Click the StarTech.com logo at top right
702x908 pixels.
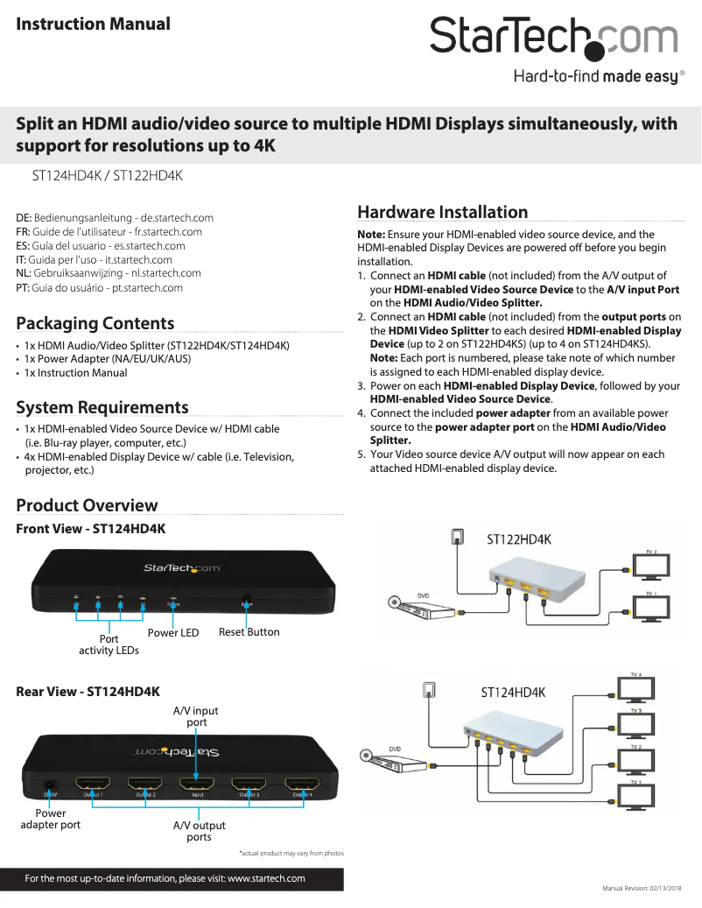pos(554,39)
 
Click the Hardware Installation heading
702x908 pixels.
pos(442,212)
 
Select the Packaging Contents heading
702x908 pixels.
pos(95,322)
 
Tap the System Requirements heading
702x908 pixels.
pos(102,407)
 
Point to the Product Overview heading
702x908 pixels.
pos(87,505)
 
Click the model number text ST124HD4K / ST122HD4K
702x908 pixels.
pos(107,176)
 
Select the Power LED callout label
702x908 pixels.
pos(173,633)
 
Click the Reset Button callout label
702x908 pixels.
pos(249,632)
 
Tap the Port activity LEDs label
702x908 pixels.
pos(109,644)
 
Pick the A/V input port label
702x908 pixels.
pos(196,716)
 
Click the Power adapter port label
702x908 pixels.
pos(50,819)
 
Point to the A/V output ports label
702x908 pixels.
pos(199,831)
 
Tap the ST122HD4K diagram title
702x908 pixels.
pos(519,539)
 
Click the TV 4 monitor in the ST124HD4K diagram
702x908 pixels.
pos(636,688)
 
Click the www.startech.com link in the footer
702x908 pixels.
pos(266,878)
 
